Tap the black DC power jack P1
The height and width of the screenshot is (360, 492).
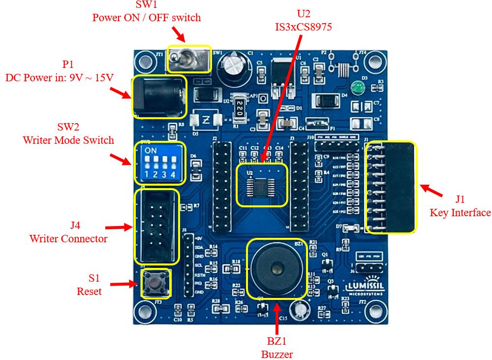pyautogui.click(x=158, y=97)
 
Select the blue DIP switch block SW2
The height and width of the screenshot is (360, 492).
pyautogui.click(x=159, y=163)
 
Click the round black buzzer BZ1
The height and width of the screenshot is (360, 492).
pyautogui.click(x=277, y=268)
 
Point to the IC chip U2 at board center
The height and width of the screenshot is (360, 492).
pyautogui.click(x=261, y=184)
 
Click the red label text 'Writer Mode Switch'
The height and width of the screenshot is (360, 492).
pyautogui.click(x=68, y=140)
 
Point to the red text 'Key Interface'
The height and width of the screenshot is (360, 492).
pyautogui.click(x=460, y=213)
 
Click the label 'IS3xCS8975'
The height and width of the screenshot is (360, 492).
pyautogui.click(x=304, y=27)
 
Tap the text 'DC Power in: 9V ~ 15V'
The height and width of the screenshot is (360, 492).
pyautogui.click(x=60, y=77)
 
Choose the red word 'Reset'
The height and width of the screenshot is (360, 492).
pyautogui.click(x=89, y=291)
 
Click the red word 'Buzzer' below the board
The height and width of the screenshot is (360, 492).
pyautogui.click(x=277, y=354)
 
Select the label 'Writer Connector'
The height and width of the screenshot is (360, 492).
pyautogui.click(x=68, y=239)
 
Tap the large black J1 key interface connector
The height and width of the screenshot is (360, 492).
pyautogui.click(x=391, y=187)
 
